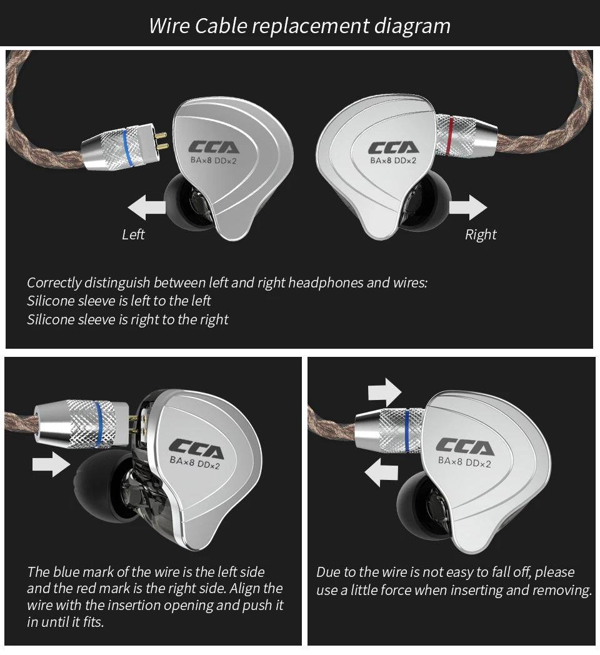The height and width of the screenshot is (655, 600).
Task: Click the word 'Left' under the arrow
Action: [x=133, y=234]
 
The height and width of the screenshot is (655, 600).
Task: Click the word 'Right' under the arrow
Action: [x=481, y=234]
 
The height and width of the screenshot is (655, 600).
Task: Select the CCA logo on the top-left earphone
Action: [x=214, y=147]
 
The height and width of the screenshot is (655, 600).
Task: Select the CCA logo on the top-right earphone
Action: [x=393, y=147]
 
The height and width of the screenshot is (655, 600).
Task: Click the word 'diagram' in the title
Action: [x=412, y=26]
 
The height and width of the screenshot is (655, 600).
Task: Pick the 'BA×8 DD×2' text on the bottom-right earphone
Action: [x=464, y=462]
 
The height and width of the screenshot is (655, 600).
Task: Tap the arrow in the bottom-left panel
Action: [x=51, y=463]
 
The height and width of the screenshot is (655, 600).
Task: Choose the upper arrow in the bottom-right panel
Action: [x=384, y=392]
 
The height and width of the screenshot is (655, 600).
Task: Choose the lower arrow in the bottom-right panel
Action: [x=381, y=472]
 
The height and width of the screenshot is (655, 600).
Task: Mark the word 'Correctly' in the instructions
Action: [x=53, y=282]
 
